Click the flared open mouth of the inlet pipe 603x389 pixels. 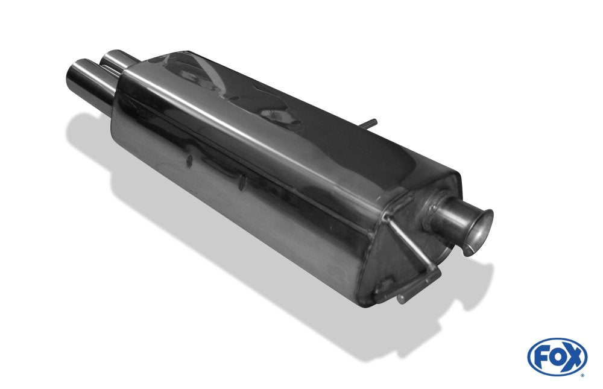[479, 232]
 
